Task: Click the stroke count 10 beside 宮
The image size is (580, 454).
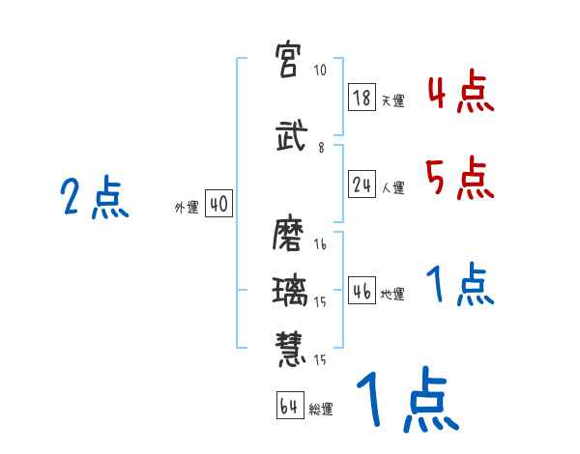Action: pyautogui.click(x=320, y=71)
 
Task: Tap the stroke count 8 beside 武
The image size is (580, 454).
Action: pyautogui.click(x=320, y=147)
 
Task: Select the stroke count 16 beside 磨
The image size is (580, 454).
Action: pyautogui.click(x=320, y=245)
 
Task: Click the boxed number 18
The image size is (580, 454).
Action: pyautogui.click(x=362, y=98)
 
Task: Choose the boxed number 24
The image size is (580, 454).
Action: pyautogui.click(x=362, y=185)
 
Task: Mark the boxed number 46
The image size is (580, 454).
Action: pyautogui.click(x=362, y=292)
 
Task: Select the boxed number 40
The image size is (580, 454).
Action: pyautogui.click(x=217, y=204)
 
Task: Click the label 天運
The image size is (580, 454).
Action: pyautogui.click(x=391, y=100)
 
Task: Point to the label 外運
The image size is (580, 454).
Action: pyautogui.click(x=186, y=207)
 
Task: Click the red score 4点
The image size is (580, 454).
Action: pyautogui.click(x=460, y=94)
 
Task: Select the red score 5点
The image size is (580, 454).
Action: pyautogui.click(x=459, y=179)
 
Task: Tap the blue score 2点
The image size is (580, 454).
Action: pyautogui.click(x=94, y=199)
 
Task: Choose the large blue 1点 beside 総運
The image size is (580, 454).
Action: pyautogui.click(x=405, y=402)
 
